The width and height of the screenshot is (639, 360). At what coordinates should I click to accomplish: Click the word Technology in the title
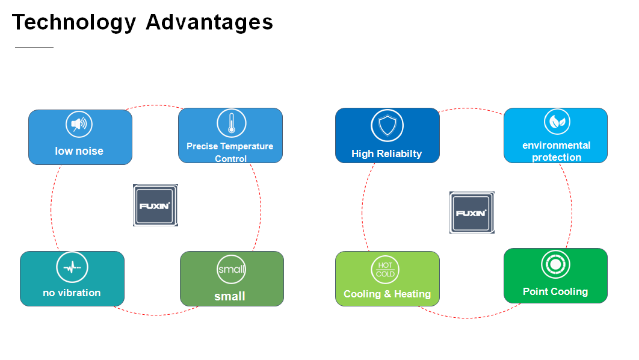pyautogui.click(x=74, y=22)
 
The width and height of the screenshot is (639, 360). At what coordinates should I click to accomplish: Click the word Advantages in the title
pyautogui.click(x=209, y=22)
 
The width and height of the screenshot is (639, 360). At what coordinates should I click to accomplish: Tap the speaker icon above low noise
pyautogui.click(x=79, y=124)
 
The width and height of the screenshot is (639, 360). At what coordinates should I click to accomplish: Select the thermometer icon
pyautogui.click(x=232, y=123)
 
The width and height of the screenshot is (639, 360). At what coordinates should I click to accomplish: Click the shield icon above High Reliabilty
pyautogui.click(x=387, y=126)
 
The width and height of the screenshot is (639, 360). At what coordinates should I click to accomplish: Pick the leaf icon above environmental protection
pyautogui.click(x=557, y=122)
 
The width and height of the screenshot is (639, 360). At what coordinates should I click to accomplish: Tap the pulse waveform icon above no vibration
pyautogui.click(x=72, y=267)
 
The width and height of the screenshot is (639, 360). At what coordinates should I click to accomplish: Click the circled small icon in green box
pyautogui.click(x=232, y=269)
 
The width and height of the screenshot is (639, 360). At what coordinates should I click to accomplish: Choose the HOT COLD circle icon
pyautogui.click(x=385, y=270)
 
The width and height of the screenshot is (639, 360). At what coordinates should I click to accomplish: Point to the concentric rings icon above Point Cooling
pyautogui.click(x=555, y=265)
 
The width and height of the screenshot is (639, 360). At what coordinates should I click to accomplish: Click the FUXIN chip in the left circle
pyautogui.click(x=155, y=205)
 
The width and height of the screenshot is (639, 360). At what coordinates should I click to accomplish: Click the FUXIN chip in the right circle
pyautogui.click(x=472, y=213)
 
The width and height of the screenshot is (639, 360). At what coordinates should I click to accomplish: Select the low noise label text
pyautogui.click(x=79, y=151)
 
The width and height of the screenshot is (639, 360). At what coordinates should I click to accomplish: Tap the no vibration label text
pyautogui.click(x=72, y=293)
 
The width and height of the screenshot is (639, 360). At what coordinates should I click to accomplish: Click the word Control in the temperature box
pyautogui.click(x=230, y=158)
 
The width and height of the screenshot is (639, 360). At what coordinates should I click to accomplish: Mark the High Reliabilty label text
pyautogui.click(x=387, y=154)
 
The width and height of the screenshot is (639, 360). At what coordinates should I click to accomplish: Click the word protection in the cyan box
pyautogui.click(x=557, y=157)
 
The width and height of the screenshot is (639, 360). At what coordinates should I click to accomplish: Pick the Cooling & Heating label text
pyautogui.click(x=387, y=294)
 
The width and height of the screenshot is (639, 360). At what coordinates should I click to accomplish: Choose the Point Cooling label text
pyautogui.click(x=555, y=291)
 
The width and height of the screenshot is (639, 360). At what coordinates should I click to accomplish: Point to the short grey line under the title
pyautogui.click(x=34, y=48)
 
